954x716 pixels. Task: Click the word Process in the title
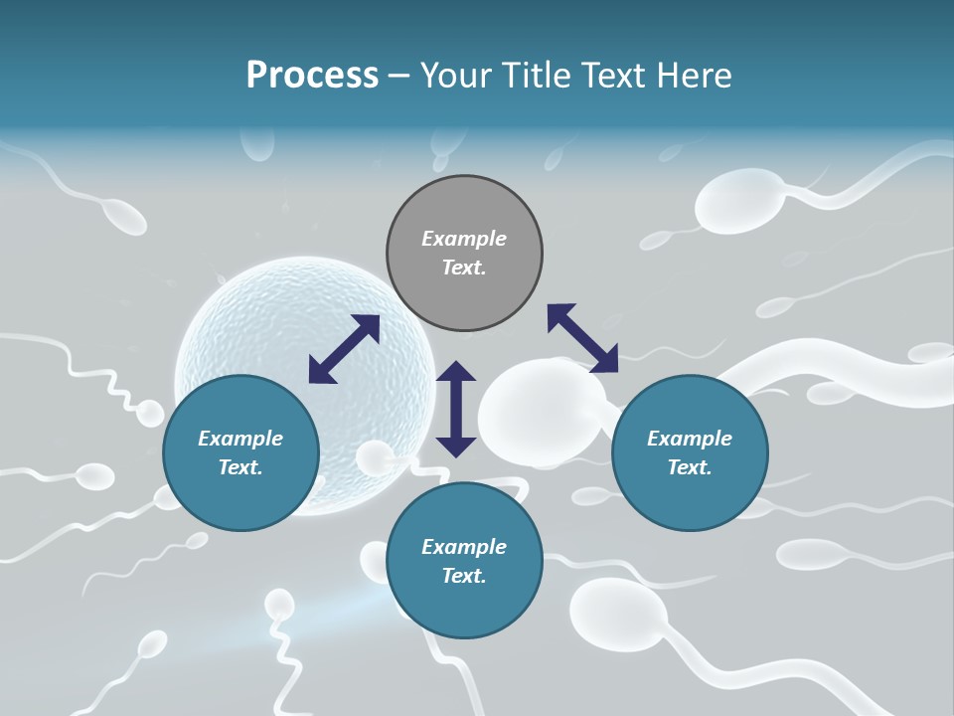312,76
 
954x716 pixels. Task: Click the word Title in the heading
539,76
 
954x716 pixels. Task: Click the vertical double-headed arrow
456,409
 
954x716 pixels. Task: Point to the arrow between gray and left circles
344,349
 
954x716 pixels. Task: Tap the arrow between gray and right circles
582,338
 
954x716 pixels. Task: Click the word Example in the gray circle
464,239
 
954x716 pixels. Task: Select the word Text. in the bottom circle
464,576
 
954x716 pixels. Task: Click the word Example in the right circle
690,439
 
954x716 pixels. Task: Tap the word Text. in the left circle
240,467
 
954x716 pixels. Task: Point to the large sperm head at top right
739,201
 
